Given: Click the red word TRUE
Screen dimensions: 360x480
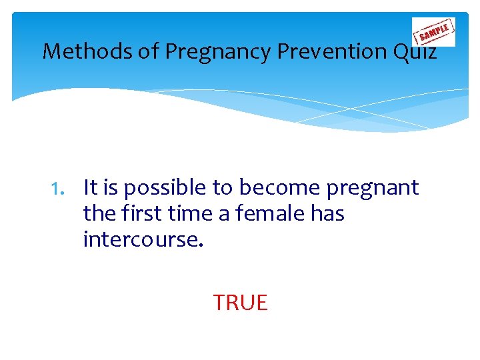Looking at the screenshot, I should point(240,303).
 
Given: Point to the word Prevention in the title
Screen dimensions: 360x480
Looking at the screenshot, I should point(313,51).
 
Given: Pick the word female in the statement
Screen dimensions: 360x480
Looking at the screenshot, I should point(264,214).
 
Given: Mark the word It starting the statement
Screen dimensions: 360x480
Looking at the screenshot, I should point(90,189).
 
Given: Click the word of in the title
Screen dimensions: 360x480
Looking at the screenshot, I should point(147,51).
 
